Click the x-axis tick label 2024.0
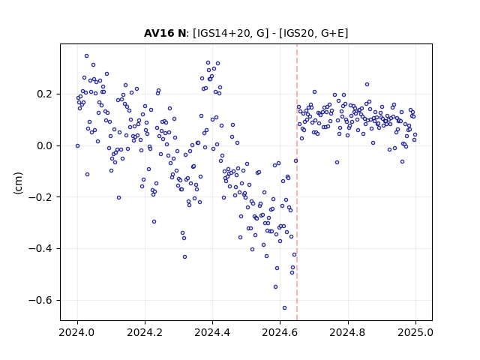click(x=77, y=332)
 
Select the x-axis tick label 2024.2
click(x=145, y=332)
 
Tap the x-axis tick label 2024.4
click(x=212, y=332)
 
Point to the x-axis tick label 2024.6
click(x=280, y=332)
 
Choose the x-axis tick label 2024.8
click(x=347, y=332)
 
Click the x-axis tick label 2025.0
click(x=415, y=332)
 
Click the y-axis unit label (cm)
click(x=18, y=183)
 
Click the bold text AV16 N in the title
click(x=165, y=33)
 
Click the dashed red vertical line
click(x=297, y=182)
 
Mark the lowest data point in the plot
click(x=284, y=307)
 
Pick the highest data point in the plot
click(x=87, y=56)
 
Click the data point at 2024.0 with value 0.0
click(x=77, y=146)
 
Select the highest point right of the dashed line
click(x=367, y=85)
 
